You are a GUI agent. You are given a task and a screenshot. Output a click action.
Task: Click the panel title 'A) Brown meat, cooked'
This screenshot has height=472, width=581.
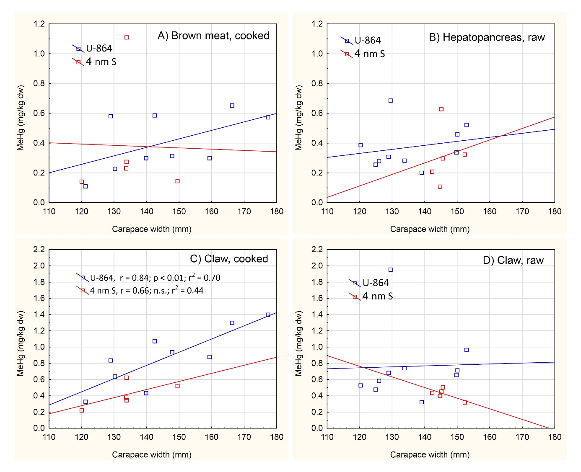click(213, 36)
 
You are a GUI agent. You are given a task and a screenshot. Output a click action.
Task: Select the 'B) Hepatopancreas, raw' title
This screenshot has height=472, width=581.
click(486, 38)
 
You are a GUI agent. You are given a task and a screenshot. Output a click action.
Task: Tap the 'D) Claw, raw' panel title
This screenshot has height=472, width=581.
click(513, 261)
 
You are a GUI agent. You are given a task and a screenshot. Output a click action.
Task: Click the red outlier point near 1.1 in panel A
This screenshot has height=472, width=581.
click(127, 38)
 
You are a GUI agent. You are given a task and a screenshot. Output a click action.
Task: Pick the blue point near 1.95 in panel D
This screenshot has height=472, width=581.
click(391, 270)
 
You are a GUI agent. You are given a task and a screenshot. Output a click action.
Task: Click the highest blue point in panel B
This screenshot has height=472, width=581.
click(391, 101)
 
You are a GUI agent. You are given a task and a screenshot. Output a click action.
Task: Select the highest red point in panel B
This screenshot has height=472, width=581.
click(441, 109)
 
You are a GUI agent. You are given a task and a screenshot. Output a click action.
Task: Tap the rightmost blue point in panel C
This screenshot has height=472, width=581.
click(268, 315)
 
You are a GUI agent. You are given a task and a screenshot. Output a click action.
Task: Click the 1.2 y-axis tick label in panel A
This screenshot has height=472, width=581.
click(39, 24)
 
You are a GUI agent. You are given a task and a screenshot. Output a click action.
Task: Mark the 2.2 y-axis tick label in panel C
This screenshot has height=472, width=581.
click(39, 250)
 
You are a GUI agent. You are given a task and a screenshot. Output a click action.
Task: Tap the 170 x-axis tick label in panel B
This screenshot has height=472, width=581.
click(522, 211)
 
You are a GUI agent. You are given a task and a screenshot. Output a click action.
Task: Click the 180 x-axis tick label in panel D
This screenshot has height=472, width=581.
click(555, 437)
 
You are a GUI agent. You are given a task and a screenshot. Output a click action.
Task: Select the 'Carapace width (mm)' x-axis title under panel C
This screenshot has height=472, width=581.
click(152, 455)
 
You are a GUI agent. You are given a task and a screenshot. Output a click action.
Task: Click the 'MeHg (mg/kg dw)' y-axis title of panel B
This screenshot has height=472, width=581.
click(299, 118)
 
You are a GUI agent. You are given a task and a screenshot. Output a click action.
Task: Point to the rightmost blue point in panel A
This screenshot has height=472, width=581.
click(268, 117)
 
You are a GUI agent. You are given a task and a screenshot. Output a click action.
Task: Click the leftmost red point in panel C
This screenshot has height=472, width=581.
click(82, 410)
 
